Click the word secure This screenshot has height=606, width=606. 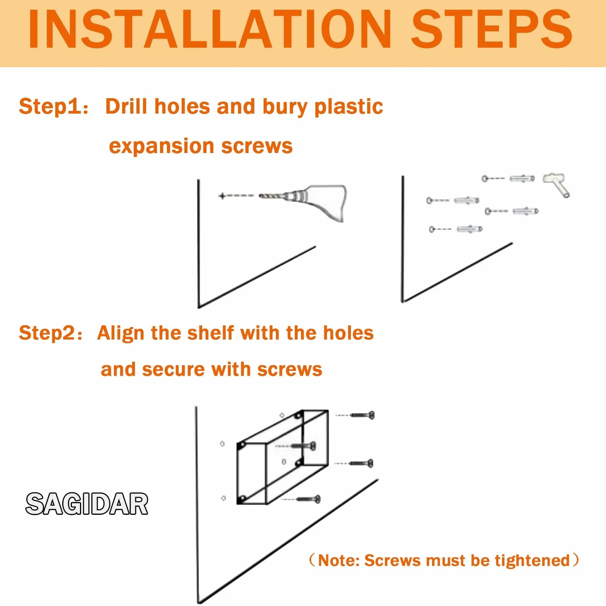click(173, 370)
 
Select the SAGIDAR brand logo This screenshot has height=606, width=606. click(87, 504)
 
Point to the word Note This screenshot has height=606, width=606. click(339, 561)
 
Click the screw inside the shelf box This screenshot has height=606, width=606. click(303, 446)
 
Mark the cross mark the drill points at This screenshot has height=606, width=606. click(222, 196)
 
